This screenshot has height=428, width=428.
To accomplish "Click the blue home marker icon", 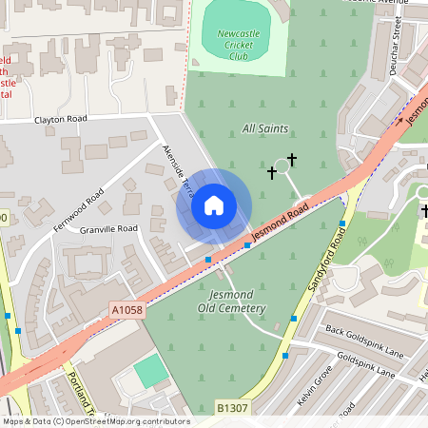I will point(214,205).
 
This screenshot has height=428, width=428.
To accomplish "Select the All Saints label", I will point(263,127).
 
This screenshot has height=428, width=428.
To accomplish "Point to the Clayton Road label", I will point(61,119).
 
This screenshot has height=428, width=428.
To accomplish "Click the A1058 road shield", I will point(126,310).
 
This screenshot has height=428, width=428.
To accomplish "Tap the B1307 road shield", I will point(232,408).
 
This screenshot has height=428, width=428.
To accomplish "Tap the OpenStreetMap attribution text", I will point(95,421).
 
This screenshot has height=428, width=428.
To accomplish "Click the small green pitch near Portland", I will point(150,371).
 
